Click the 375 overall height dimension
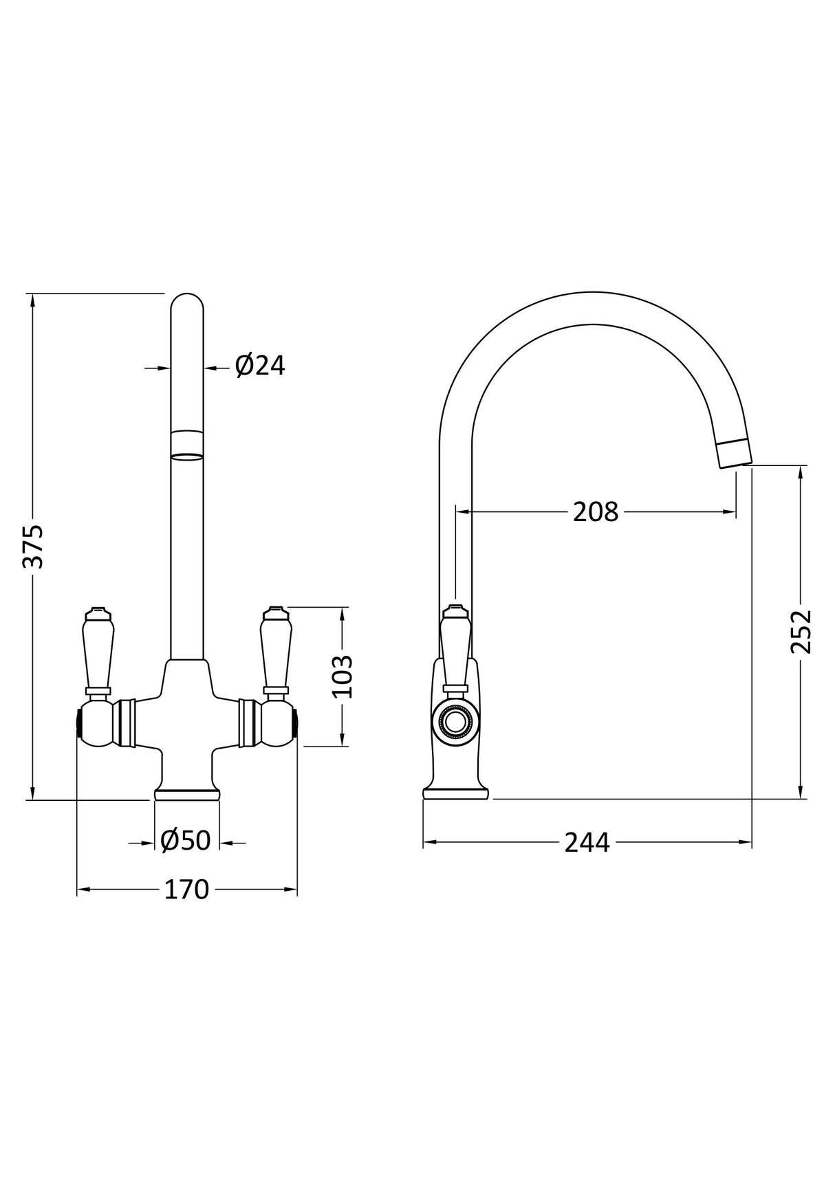[x=32, y=547]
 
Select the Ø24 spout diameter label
[x=260, y=366]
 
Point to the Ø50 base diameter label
[x=186, y=840]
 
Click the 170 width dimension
[x=186, y=890]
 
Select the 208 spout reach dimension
[x=596, y=511]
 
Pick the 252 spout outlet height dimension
[x=802, y=631]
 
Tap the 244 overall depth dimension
[x=587, y=843]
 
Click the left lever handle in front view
[x=96, y=650]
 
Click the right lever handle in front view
[x=275, y=650]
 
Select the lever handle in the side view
[x=455, y=650]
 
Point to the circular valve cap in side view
[x=453, y=722]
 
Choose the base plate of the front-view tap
[x=187, y=795]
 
